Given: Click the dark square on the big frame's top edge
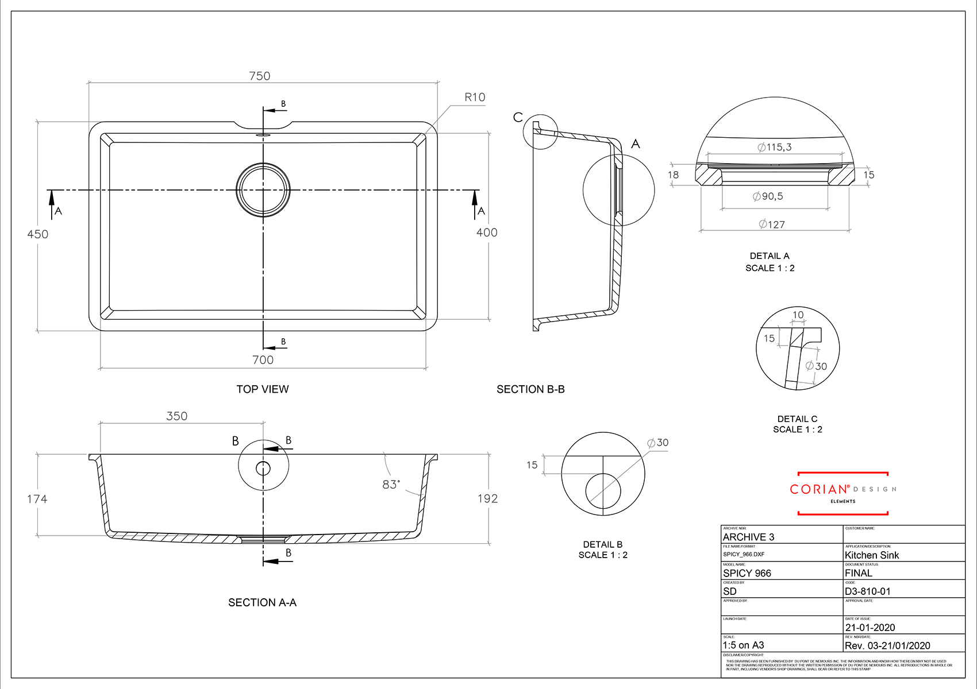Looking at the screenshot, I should point(259,61).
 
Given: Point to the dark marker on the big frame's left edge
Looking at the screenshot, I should point(44,235).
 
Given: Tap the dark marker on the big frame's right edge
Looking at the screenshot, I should point(486,233).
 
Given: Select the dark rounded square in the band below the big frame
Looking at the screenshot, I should point(176,405).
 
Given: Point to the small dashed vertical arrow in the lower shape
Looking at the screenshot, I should point(263,454).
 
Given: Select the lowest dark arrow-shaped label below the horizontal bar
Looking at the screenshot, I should point(779,222).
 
